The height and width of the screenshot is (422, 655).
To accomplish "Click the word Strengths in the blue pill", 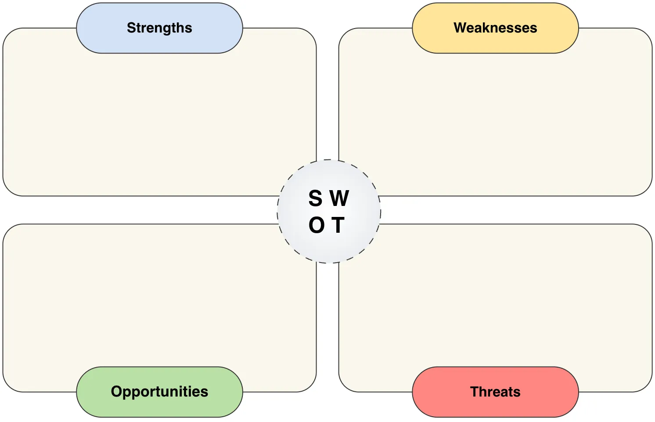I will (159, 28).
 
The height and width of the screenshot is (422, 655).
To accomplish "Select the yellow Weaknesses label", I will (495, 28).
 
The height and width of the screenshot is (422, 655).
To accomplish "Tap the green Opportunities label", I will (159, 391).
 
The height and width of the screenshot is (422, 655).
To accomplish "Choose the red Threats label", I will (495, 391).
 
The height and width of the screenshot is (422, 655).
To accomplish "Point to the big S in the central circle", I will (315, 198).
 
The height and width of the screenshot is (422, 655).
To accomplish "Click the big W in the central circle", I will (339, 198).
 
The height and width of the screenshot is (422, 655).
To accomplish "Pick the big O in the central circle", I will (317, 225).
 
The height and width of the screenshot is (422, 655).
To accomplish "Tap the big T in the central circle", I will (338, 225).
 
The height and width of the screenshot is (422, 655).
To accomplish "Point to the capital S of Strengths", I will (131, 28).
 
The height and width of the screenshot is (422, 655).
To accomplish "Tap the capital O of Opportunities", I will (116, 391).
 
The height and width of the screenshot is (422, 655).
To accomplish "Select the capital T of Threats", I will (474, 391).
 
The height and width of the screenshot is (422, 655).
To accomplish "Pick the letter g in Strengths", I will (169, 29).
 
